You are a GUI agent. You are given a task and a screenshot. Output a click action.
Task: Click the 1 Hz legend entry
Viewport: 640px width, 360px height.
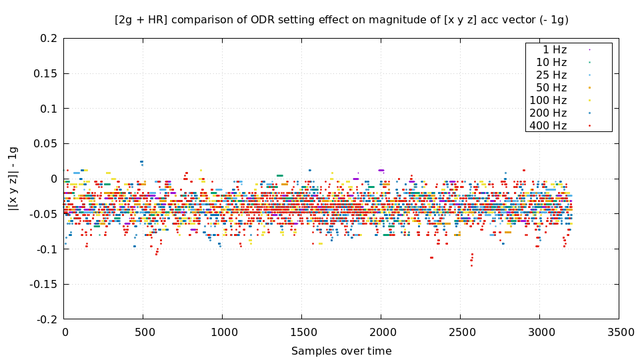click(x=555, y=49)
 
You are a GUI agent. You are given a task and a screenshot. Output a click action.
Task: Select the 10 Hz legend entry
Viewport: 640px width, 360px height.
click(x=551, y=62)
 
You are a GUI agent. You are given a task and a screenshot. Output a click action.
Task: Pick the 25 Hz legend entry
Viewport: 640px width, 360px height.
click(x=551, y=75)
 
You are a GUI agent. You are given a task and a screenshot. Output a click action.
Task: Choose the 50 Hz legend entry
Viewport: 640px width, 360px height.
click(x=551, y=87)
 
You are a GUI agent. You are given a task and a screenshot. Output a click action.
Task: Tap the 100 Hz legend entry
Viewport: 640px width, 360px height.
click(x=548, y=100)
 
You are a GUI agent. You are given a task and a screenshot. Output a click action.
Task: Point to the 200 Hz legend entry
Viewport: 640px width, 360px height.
click(x=548, y=113)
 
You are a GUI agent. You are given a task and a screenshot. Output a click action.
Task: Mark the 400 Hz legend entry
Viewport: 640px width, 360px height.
click(x=548, y=125)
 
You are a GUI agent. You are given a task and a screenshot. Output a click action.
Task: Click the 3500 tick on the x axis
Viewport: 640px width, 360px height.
click(x=618, y=332)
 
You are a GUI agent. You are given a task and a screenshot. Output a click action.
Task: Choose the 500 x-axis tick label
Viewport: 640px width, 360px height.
click(x=143, y=332)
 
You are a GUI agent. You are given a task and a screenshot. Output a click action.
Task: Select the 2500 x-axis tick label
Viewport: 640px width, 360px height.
click(x=460, y=332)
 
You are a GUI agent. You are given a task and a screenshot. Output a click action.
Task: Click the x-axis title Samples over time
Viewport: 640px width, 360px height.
click(x=341, y=351)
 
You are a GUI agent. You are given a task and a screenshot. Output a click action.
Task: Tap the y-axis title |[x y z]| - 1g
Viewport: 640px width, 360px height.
click(x=13, y=179)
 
